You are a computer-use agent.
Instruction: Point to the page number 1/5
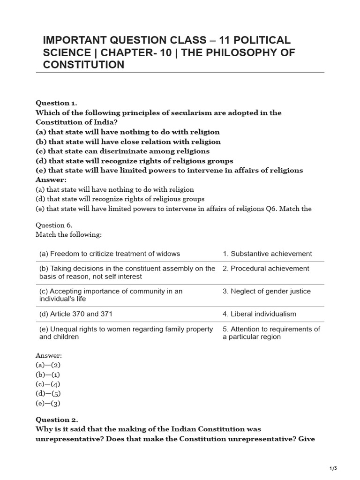tap(333, 468)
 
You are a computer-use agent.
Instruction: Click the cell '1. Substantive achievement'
tap(267, 254)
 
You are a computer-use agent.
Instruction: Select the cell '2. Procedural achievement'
tap(266, 269)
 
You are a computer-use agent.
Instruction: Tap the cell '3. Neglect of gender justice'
tap(267, 291)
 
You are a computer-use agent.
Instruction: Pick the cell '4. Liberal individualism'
tap(259, 314)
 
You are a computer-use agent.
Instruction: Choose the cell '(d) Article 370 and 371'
tap(76, 314)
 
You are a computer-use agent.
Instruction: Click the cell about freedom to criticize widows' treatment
tap(110, 254)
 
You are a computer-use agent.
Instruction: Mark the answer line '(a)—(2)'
tap(48, 365)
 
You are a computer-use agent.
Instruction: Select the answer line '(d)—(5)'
tap(48, 393)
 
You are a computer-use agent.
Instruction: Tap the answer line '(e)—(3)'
tap(48, 403)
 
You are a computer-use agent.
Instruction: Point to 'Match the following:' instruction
tap(69, 234)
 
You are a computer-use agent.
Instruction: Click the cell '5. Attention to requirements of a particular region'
tap(271, 333)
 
